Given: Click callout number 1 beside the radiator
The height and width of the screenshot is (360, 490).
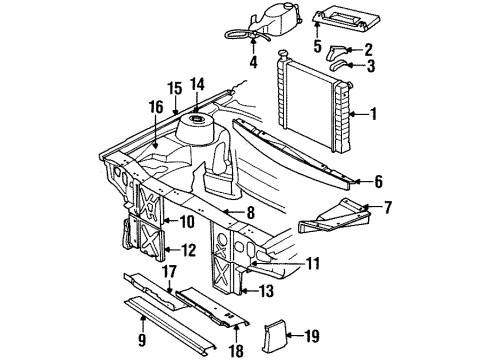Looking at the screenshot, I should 373,114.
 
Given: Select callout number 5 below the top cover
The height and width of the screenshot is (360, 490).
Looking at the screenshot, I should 317,46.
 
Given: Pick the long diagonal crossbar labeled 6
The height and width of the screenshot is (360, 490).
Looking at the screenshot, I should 300,154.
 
